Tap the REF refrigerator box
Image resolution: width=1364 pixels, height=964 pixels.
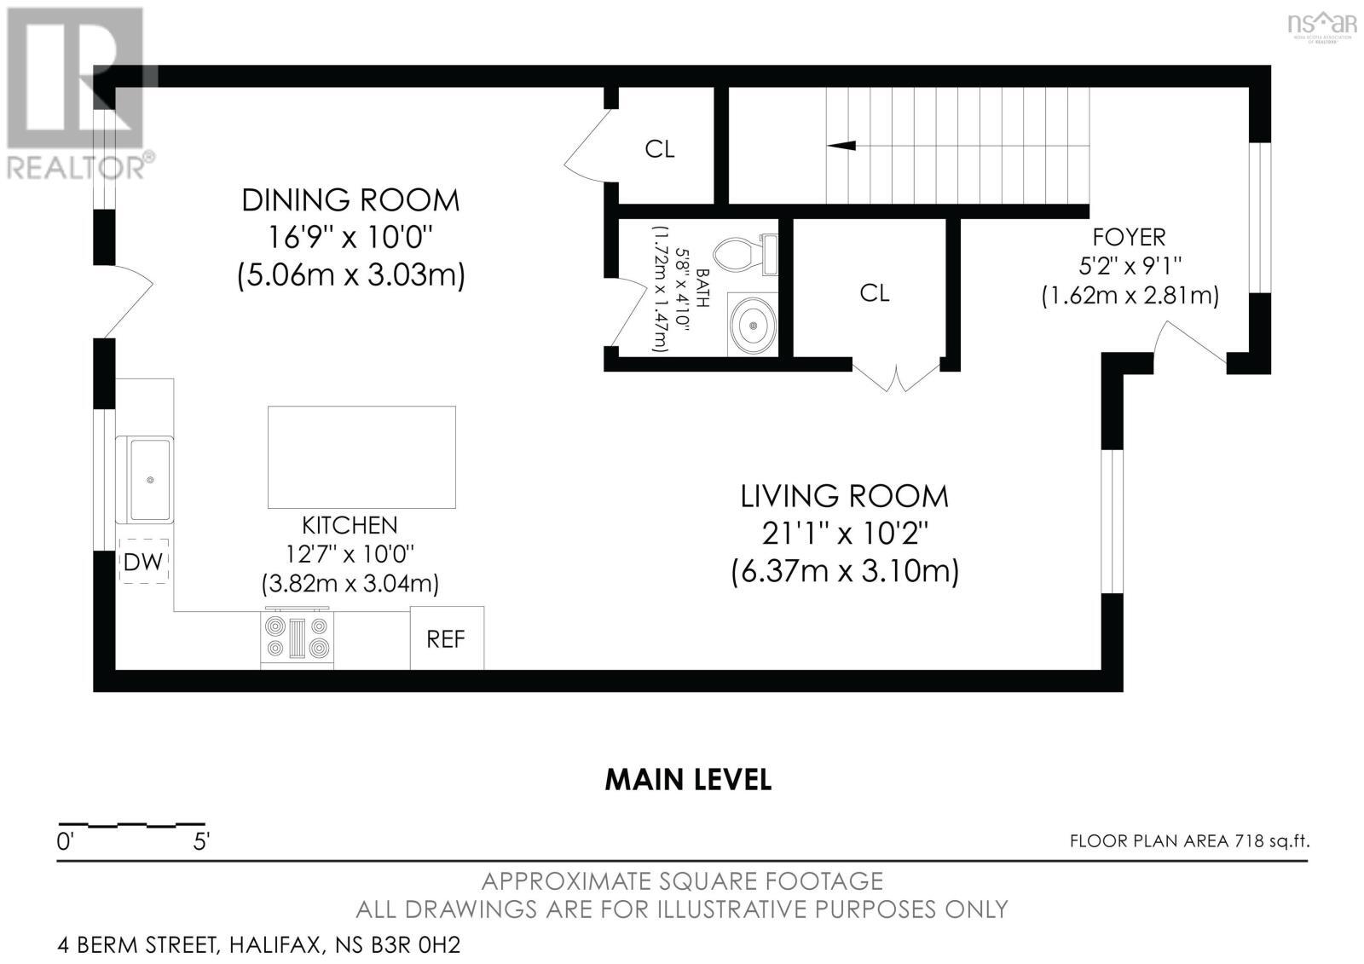click(x=447, y=638)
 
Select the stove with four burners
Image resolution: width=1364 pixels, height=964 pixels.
click(x=297, y=638)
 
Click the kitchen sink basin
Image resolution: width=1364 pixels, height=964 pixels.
click(x=150, y=479)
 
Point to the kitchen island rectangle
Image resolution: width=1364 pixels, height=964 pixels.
click(x=361, y=457)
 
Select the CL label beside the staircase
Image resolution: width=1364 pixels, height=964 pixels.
click(x=659, y=149)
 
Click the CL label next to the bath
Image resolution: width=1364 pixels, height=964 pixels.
click(x=874, y=293)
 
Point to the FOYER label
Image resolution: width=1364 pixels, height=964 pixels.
click(x=1129, y=236)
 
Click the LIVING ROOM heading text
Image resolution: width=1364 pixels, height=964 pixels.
click(x=844, y=496)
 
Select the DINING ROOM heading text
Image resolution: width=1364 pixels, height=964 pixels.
click(x=350, y=200)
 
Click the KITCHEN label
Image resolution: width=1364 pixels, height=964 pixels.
click(x=350, y=525)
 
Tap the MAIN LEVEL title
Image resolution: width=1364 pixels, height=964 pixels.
click(x=688, y=779)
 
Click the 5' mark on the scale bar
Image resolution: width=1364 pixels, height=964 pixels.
click(x=201, y=842)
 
